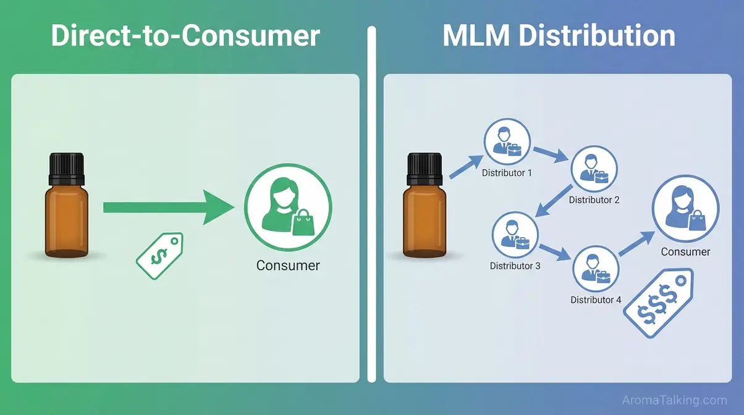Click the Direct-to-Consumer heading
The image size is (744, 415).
185,35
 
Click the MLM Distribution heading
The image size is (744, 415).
559,35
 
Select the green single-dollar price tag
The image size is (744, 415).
159,254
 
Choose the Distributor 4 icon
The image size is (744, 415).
596,269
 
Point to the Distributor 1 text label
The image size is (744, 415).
507,173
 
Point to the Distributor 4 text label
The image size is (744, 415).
596,300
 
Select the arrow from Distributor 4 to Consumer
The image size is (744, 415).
636,243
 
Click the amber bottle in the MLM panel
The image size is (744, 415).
424,216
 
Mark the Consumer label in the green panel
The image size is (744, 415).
288,266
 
